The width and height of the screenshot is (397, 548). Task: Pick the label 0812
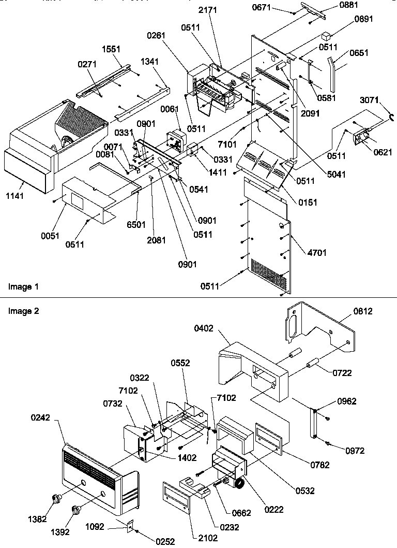click(x=363, y=311)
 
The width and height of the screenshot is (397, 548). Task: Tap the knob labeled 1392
click(x=77, y=510)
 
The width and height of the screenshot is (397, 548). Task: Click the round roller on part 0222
click(x=239, y=484)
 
